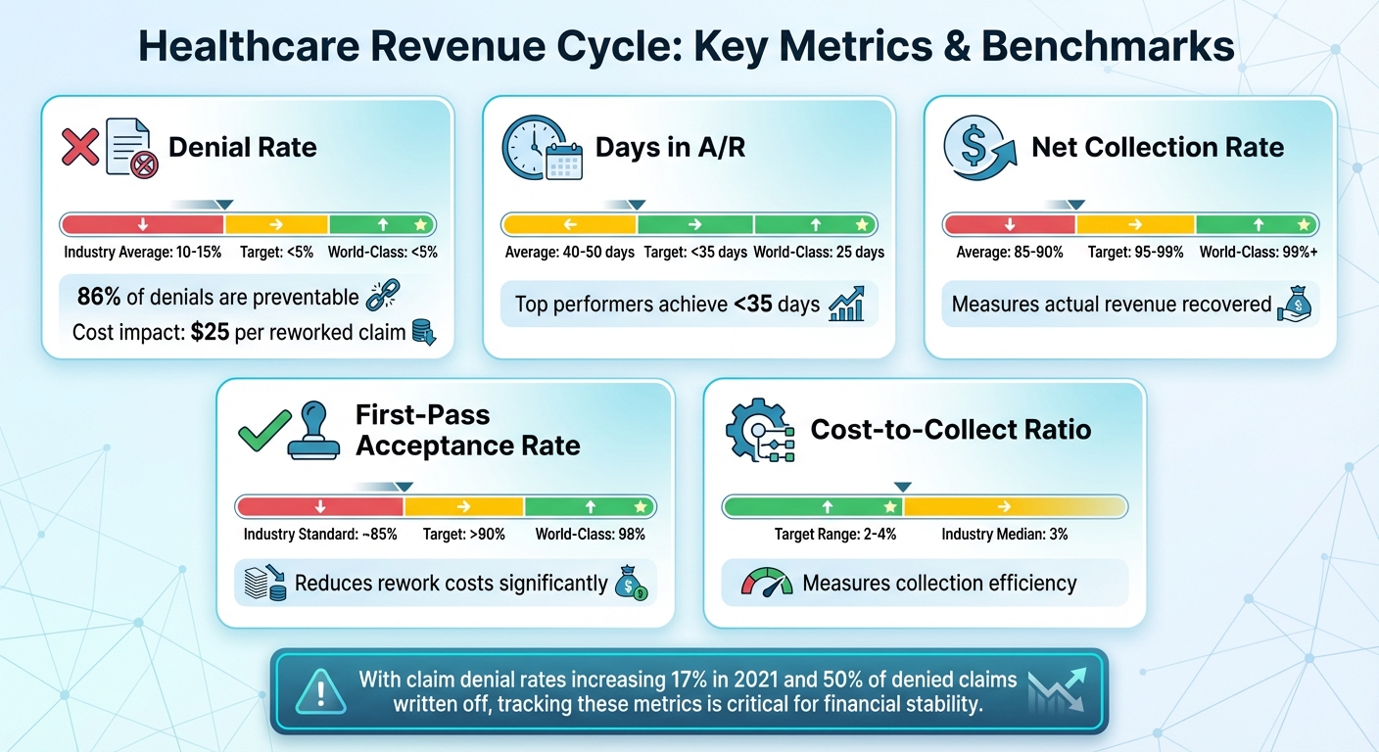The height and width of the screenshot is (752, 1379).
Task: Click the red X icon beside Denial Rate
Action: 81,148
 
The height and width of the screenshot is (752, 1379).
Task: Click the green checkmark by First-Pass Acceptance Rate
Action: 264,431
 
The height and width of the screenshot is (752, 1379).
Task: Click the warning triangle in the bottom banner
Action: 322,690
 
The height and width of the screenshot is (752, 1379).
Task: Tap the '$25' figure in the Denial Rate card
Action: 210,332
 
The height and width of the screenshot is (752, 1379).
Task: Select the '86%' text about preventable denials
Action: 98,298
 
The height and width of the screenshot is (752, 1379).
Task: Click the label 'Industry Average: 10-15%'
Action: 143,252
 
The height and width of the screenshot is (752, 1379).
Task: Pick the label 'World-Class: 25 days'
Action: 819,252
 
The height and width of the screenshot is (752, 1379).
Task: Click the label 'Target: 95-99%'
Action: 1135,252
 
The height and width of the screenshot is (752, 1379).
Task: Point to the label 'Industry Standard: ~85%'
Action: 320,535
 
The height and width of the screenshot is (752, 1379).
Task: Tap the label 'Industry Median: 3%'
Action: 1005,535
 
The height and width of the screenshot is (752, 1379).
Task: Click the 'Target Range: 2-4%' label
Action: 835,535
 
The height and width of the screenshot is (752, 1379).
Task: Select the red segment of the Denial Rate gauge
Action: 144,224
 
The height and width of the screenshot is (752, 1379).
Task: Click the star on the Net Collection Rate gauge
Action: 1302,224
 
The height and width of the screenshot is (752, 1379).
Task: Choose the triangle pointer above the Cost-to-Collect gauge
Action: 903,487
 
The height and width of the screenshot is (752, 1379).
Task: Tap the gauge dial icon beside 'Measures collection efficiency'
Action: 767,584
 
